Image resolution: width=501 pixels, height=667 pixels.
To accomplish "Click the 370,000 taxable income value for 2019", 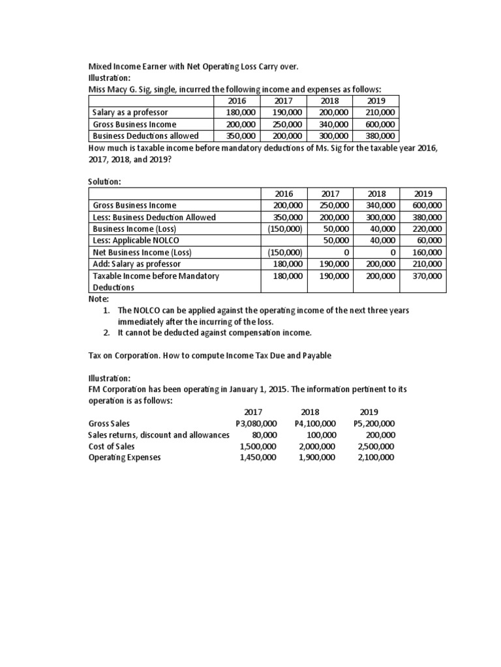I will [x=427, y=276].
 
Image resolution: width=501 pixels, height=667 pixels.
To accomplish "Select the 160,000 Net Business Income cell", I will [x=427, y=253].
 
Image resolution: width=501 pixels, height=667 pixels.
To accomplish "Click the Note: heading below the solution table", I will [x=99, y=299].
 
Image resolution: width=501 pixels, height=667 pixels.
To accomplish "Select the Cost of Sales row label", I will [x=112, y=446].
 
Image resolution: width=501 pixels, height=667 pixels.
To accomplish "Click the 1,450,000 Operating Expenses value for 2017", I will [x=258, y=457].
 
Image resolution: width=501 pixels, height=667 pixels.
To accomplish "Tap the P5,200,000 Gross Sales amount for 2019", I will [x=374, y=423].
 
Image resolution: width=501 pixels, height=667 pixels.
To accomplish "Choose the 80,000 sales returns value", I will [x=264, y=434].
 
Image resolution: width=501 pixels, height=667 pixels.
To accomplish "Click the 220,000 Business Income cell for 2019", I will [x=427, y=229].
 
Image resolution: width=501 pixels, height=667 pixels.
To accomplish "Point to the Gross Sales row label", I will [x=109, y=423].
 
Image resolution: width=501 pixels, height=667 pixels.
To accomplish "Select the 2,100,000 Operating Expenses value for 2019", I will [x=376, y=457].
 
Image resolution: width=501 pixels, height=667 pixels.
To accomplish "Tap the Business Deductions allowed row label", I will [x=145, y=136].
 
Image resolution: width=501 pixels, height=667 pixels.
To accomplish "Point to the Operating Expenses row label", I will [x=124, y=457].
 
